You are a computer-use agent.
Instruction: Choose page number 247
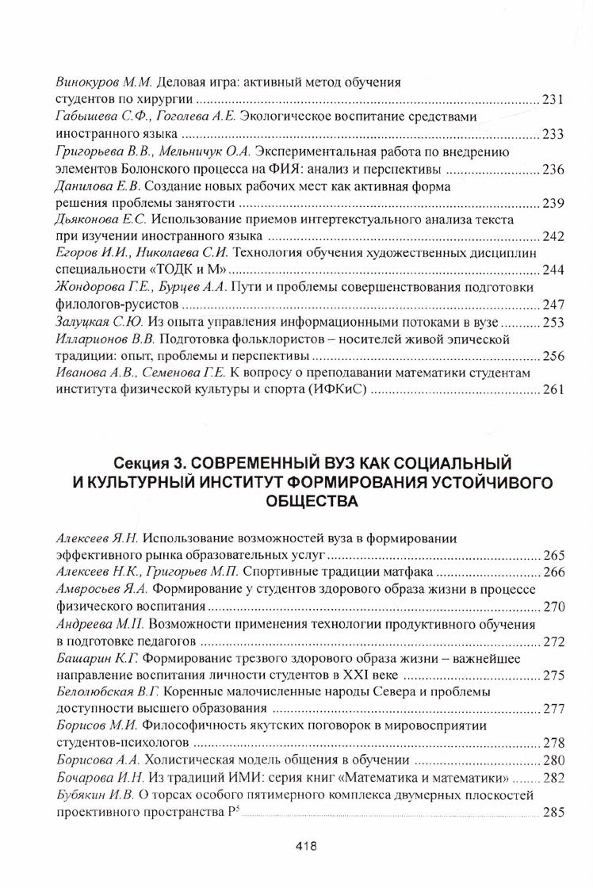click(552, 305)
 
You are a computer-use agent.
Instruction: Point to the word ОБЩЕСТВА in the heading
click(296, 501)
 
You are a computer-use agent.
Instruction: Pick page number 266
click(552, 572)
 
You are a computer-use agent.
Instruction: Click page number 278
click(552, 744)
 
